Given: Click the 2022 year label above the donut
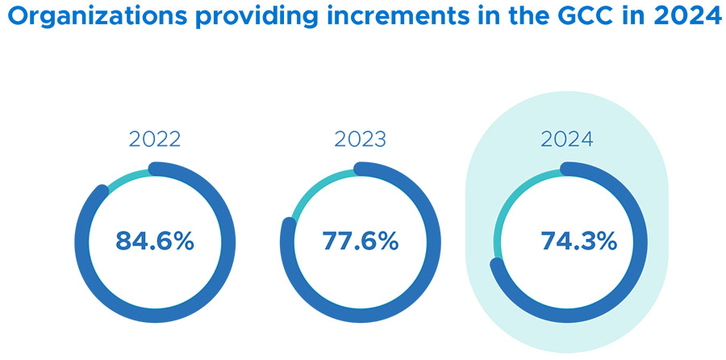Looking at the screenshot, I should coord(155,139).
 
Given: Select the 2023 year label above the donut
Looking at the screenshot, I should coord(361,139).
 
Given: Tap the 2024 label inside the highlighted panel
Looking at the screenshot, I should coord(567,139).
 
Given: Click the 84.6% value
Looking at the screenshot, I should coord(155,241).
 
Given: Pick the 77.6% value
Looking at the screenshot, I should coord(361,241).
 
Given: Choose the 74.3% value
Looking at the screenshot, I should coord(568,241).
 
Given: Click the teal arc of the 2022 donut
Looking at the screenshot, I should coord(124,178).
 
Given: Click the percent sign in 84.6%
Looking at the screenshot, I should coord(182,241).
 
